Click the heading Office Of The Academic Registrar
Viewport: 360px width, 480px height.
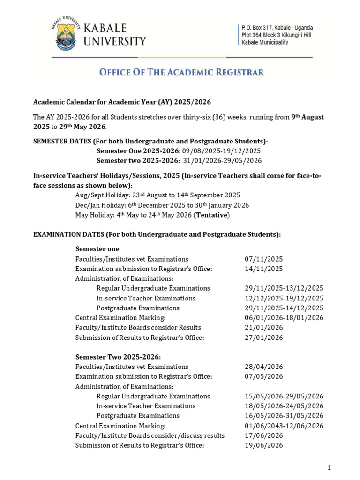pyautogui.click(x=181, y=72)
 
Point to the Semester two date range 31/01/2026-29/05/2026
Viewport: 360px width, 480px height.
pyautogui.click(x=222, y=161)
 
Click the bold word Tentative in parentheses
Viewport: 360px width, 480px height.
pyautogui.click(x=213, y=215)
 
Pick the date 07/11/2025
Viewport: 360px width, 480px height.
pyautogui.click(x=263, y=259)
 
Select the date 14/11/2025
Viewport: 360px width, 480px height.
pyautogui.click(x=263, y=269)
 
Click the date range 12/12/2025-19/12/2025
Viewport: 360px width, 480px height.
pyautogui.click(x=284, y=299)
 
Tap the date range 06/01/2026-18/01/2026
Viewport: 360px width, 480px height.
pyautogui.click(x=284, y=318)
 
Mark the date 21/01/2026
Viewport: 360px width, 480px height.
pyautogui.click(x=263, y=328)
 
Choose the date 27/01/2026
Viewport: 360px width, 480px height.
pyautogui.click(x=263, y=337)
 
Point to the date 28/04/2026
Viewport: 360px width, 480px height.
pyautogui.click(x=263, y=367)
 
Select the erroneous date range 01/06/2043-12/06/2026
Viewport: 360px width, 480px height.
pyautogui.click(x=284, y=426)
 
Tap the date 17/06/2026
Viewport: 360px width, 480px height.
pyautogui.click(x=263, y=435)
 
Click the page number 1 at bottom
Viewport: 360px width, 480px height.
pyautogui.click(x=330, y=468)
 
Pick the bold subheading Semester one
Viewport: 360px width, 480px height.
pyautogui.click(x=97, y=249)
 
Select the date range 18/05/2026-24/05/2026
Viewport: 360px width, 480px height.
pyautogui.click(x=284, y=406)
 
